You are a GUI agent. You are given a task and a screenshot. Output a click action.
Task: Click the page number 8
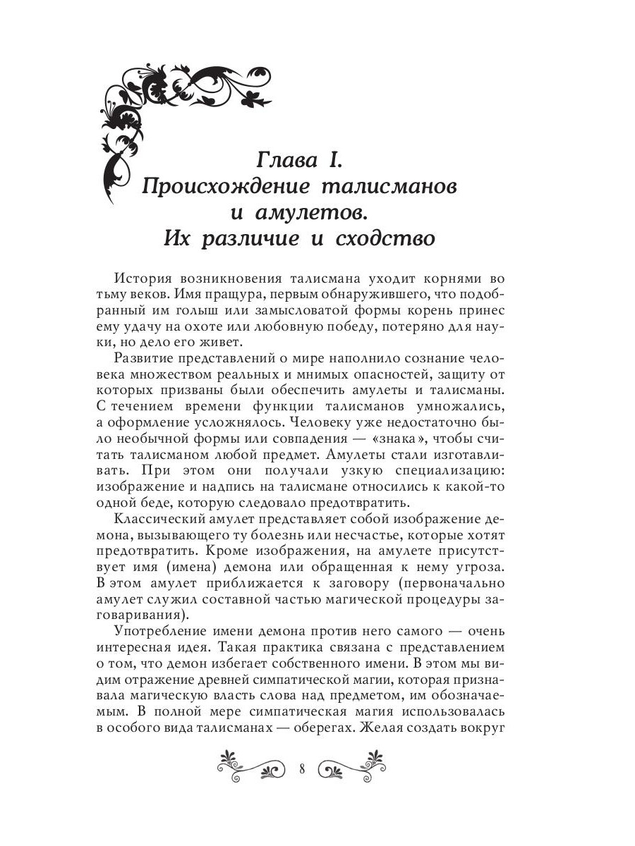301,768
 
